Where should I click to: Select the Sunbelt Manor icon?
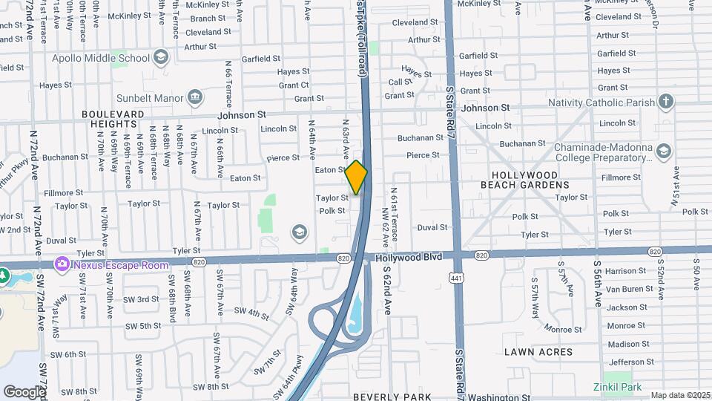tap(195, 96)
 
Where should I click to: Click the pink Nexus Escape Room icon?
tap(62, 264)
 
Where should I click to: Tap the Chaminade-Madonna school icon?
tap(663, 152)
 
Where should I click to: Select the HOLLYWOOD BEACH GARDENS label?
tap(524, 179)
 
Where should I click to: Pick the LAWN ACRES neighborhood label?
tap(538, 352)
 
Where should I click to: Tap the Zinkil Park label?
tap(617, 387)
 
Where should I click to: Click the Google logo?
tap(24, 391)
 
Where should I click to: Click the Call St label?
tap(400, 82)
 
